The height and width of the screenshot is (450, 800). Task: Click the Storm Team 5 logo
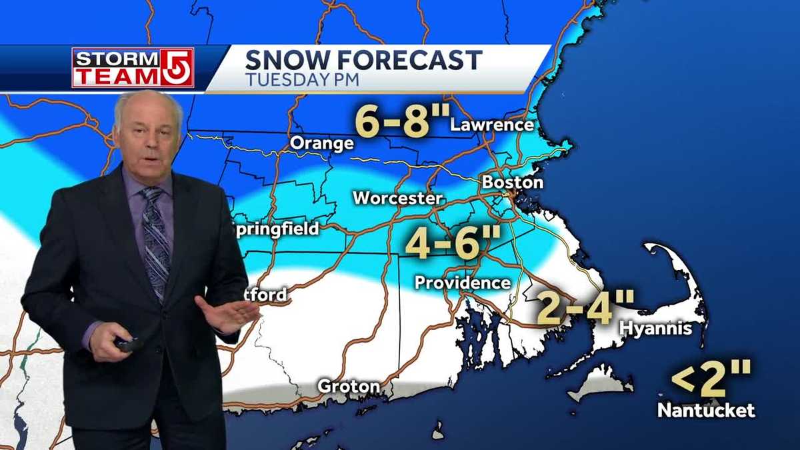click(133, 67)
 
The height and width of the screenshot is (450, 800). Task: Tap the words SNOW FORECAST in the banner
click(363, 60)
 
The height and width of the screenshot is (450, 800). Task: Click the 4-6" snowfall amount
click(442, 244)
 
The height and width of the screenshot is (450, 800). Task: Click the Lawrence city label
click(492, 125)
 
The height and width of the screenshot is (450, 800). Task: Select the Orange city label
click(321, 143)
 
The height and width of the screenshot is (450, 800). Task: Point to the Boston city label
click(512, 182)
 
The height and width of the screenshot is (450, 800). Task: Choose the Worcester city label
click(397, 198)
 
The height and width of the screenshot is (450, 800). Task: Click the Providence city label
click(462, 282)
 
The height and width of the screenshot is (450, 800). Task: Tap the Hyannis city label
click(655, 328)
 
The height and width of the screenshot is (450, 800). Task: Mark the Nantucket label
click(706, 409)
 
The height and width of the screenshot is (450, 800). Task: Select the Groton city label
click(349, 386)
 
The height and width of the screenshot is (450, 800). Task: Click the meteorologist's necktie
click(155, 239)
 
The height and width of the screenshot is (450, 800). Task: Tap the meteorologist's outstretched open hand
click(227, 313)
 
